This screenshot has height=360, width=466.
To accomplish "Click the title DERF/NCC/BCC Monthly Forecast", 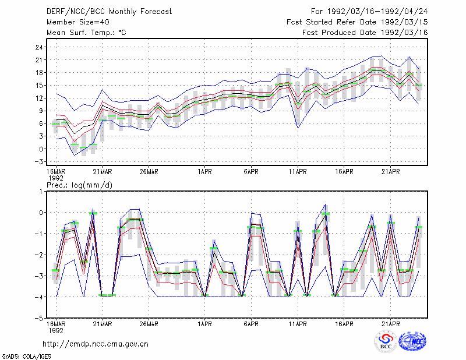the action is pos(109,12).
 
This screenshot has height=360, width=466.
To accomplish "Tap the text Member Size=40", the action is pos(78,22).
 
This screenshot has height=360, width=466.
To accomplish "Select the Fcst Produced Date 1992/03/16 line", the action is pos(365,33).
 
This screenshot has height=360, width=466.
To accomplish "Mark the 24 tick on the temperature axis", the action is pos(39,47).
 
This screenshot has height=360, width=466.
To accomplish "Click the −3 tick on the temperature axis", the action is pos(38,162).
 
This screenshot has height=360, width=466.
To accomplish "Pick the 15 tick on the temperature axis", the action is pos(39,85).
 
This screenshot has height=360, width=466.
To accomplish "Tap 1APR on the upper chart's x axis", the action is pos(204,172).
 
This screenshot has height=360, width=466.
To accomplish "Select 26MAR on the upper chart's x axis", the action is pos(149,172).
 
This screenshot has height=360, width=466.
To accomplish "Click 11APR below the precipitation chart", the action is pos(298,324).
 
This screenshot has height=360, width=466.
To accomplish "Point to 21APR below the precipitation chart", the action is pos(390,324).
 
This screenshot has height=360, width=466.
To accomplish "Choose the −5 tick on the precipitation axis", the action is pos(38,318).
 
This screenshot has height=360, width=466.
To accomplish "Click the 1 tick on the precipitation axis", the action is pos(41,192).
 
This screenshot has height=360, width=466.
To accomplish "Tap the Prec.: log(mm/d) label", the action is pos(79,185).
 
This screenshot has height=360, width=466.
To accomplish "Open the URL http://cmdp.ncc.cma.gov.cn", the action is pos(96,344).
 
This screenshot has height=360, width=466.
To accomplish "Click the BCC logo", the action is pos(386,341).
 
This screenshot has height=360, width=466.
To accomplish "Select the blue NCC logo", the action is pos(412,341).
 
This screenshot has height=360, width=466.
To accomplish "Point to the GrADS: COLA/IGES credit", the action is pos(26,357).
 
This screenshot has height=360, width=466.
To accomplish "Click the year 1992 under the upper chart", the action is pos(56,178).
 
